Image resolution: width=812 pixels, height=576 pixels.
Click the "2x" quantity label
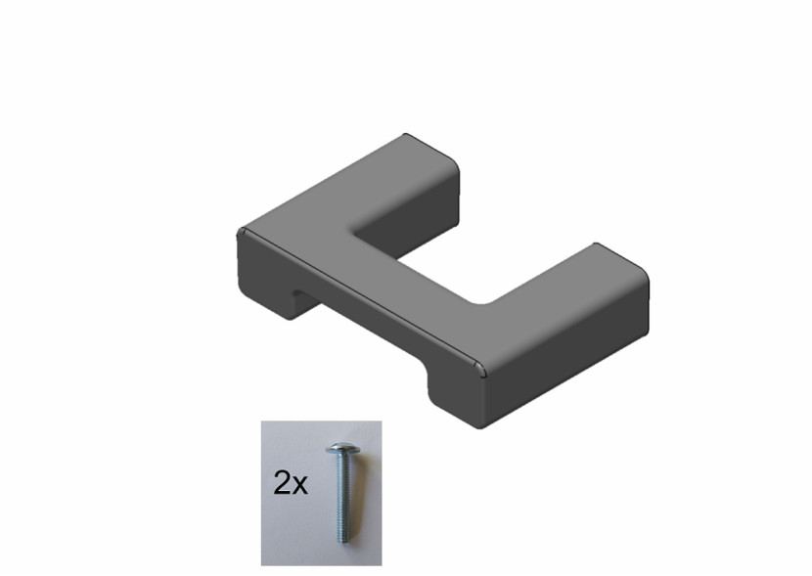(290, 483)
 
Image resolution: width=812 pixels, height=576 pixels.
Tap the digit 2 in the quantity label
(282, 482)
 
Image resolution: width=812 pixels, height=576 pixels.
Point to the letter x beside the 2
(299, 486)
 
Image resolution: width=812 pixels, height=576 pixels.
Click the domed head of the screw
(341, 448)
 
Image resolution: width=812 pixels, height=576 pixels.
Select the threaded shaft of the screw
(341, 497)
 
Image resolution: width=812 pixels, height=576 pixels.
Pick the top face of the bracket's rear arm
(373, 187)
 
